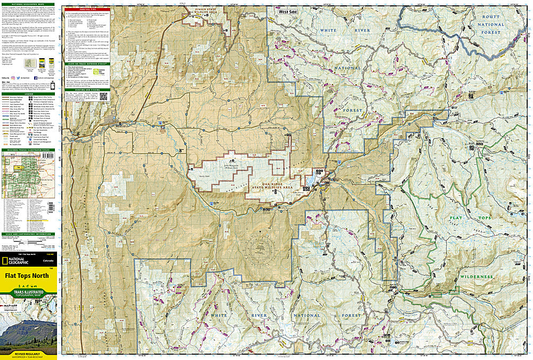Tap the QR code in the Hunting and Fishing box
pyautogui.click(x=103, y=97)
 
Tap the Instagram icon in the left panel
pyautogui.click(x=12, y=78)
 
